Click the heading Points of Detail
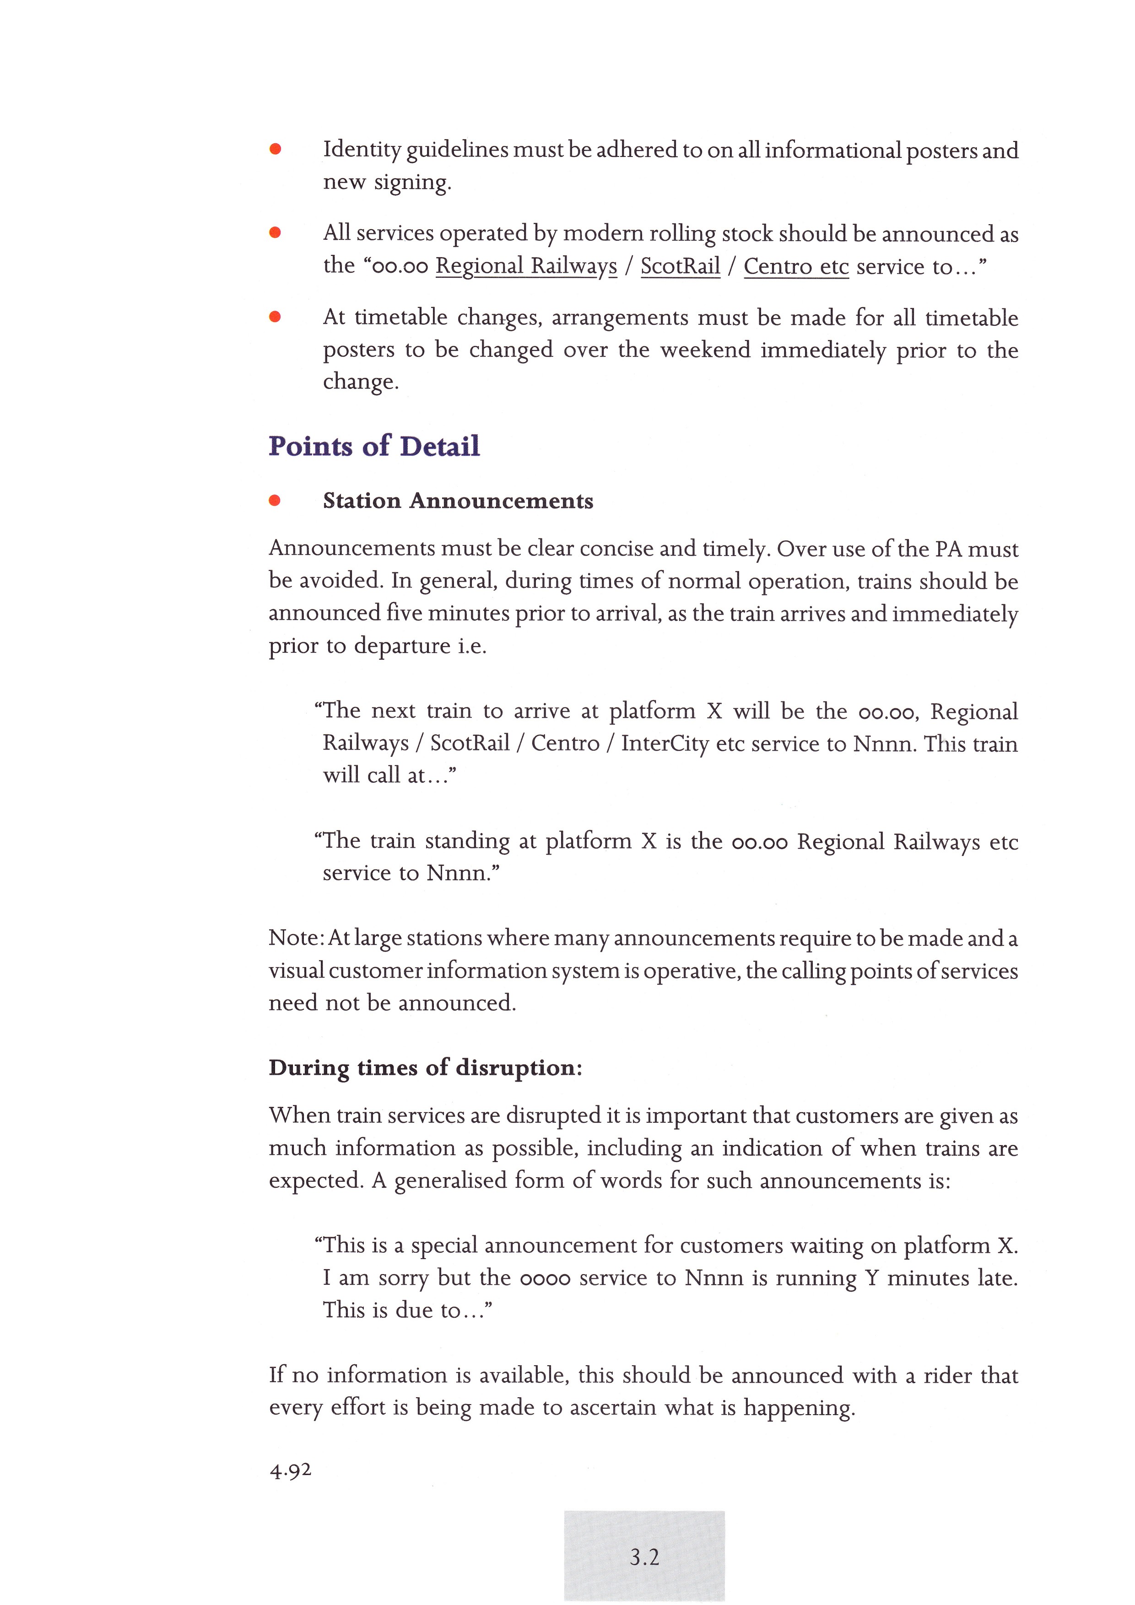tap(374, 446)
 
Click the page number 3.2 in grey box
tap(644, 1557)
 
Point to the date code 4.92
tap(290, 1470)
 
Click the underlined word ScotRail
tap(680, 266)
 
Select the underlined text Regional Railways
tap(526, 266)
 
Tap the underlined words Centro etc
tap(796, 266)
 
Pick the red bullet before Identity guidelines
tap(276, 149)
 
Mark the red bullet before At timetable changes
tap(275, 317)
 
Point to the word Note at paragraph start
tap(294, 937)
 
